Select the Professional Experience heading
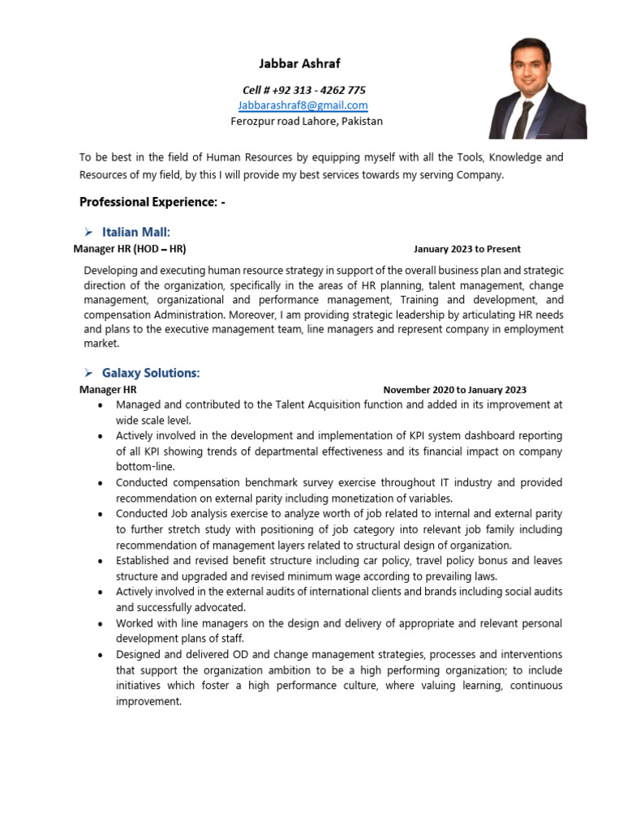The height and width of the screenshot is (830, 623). click(x=152, y=202)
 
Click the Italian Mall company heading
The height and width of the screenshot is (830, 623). click(x=135, y=233)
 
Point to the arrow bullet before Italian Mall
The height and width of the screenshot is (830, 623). click(x=88, y=233)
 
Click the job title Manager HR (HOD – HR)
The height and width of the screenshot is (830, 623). click(x=135, y=249)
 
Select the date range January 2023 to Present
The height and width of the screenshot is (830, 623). click(x=466, y=249)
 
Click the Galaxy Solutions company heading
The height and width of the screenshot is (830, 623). click(x=150, y=373)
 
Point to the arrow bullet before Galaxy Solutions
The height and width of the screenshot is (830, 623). click(x=88, y=373)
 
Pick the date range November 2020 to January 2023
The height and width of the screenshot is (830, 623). click(x=454, y=390)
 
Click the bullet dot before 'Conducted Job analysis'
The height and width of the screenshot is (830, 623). click(x=100, y=515)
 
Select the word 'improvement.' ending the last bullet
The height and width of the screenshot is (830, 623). click(x=149, y=702)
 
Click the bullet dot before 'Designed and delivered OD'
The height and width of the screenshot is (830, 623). click(x=100, y=655)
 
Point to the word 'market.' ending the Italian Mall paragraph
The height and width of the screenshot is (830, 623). click(x=101, y=344)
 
